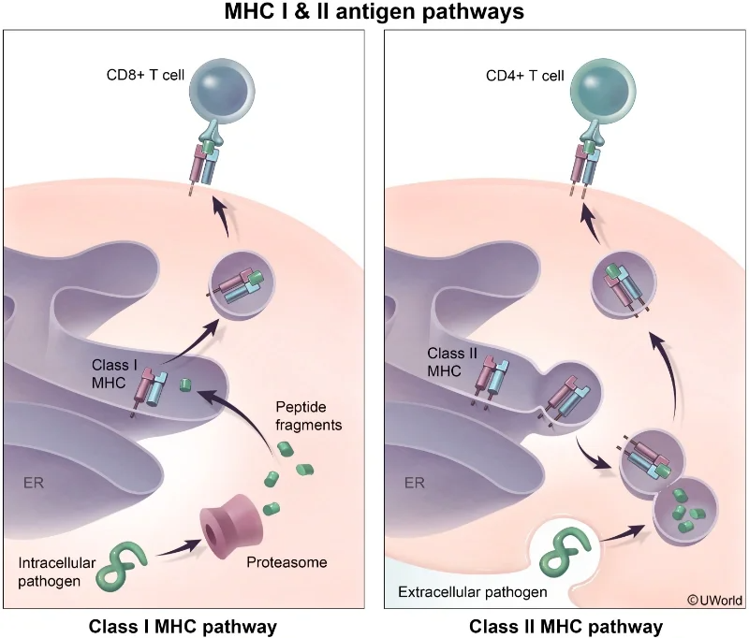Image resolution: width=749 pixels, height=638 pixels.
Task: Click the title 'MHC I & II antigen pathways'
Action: (374, 12)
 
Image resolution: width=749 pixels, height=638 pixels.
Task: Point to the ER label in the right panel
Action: (415, 484)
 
